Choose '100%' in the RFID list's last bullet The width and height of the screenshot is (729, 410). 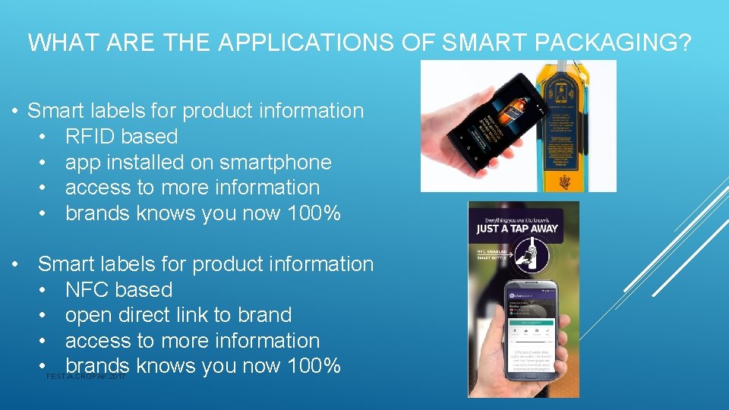(310, 213)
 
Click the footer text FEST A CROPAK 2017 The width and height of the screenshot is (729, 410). (86, 377)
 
